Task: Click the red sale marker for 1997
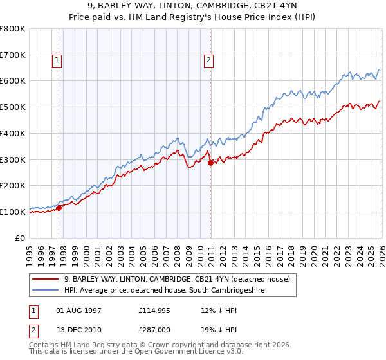(x=59, y=208)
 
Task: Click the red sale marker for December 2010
(x=210, y=163)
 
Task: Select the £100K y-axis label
(x=13, y=212)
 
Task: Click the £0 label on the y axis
(x=21, y=238)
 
